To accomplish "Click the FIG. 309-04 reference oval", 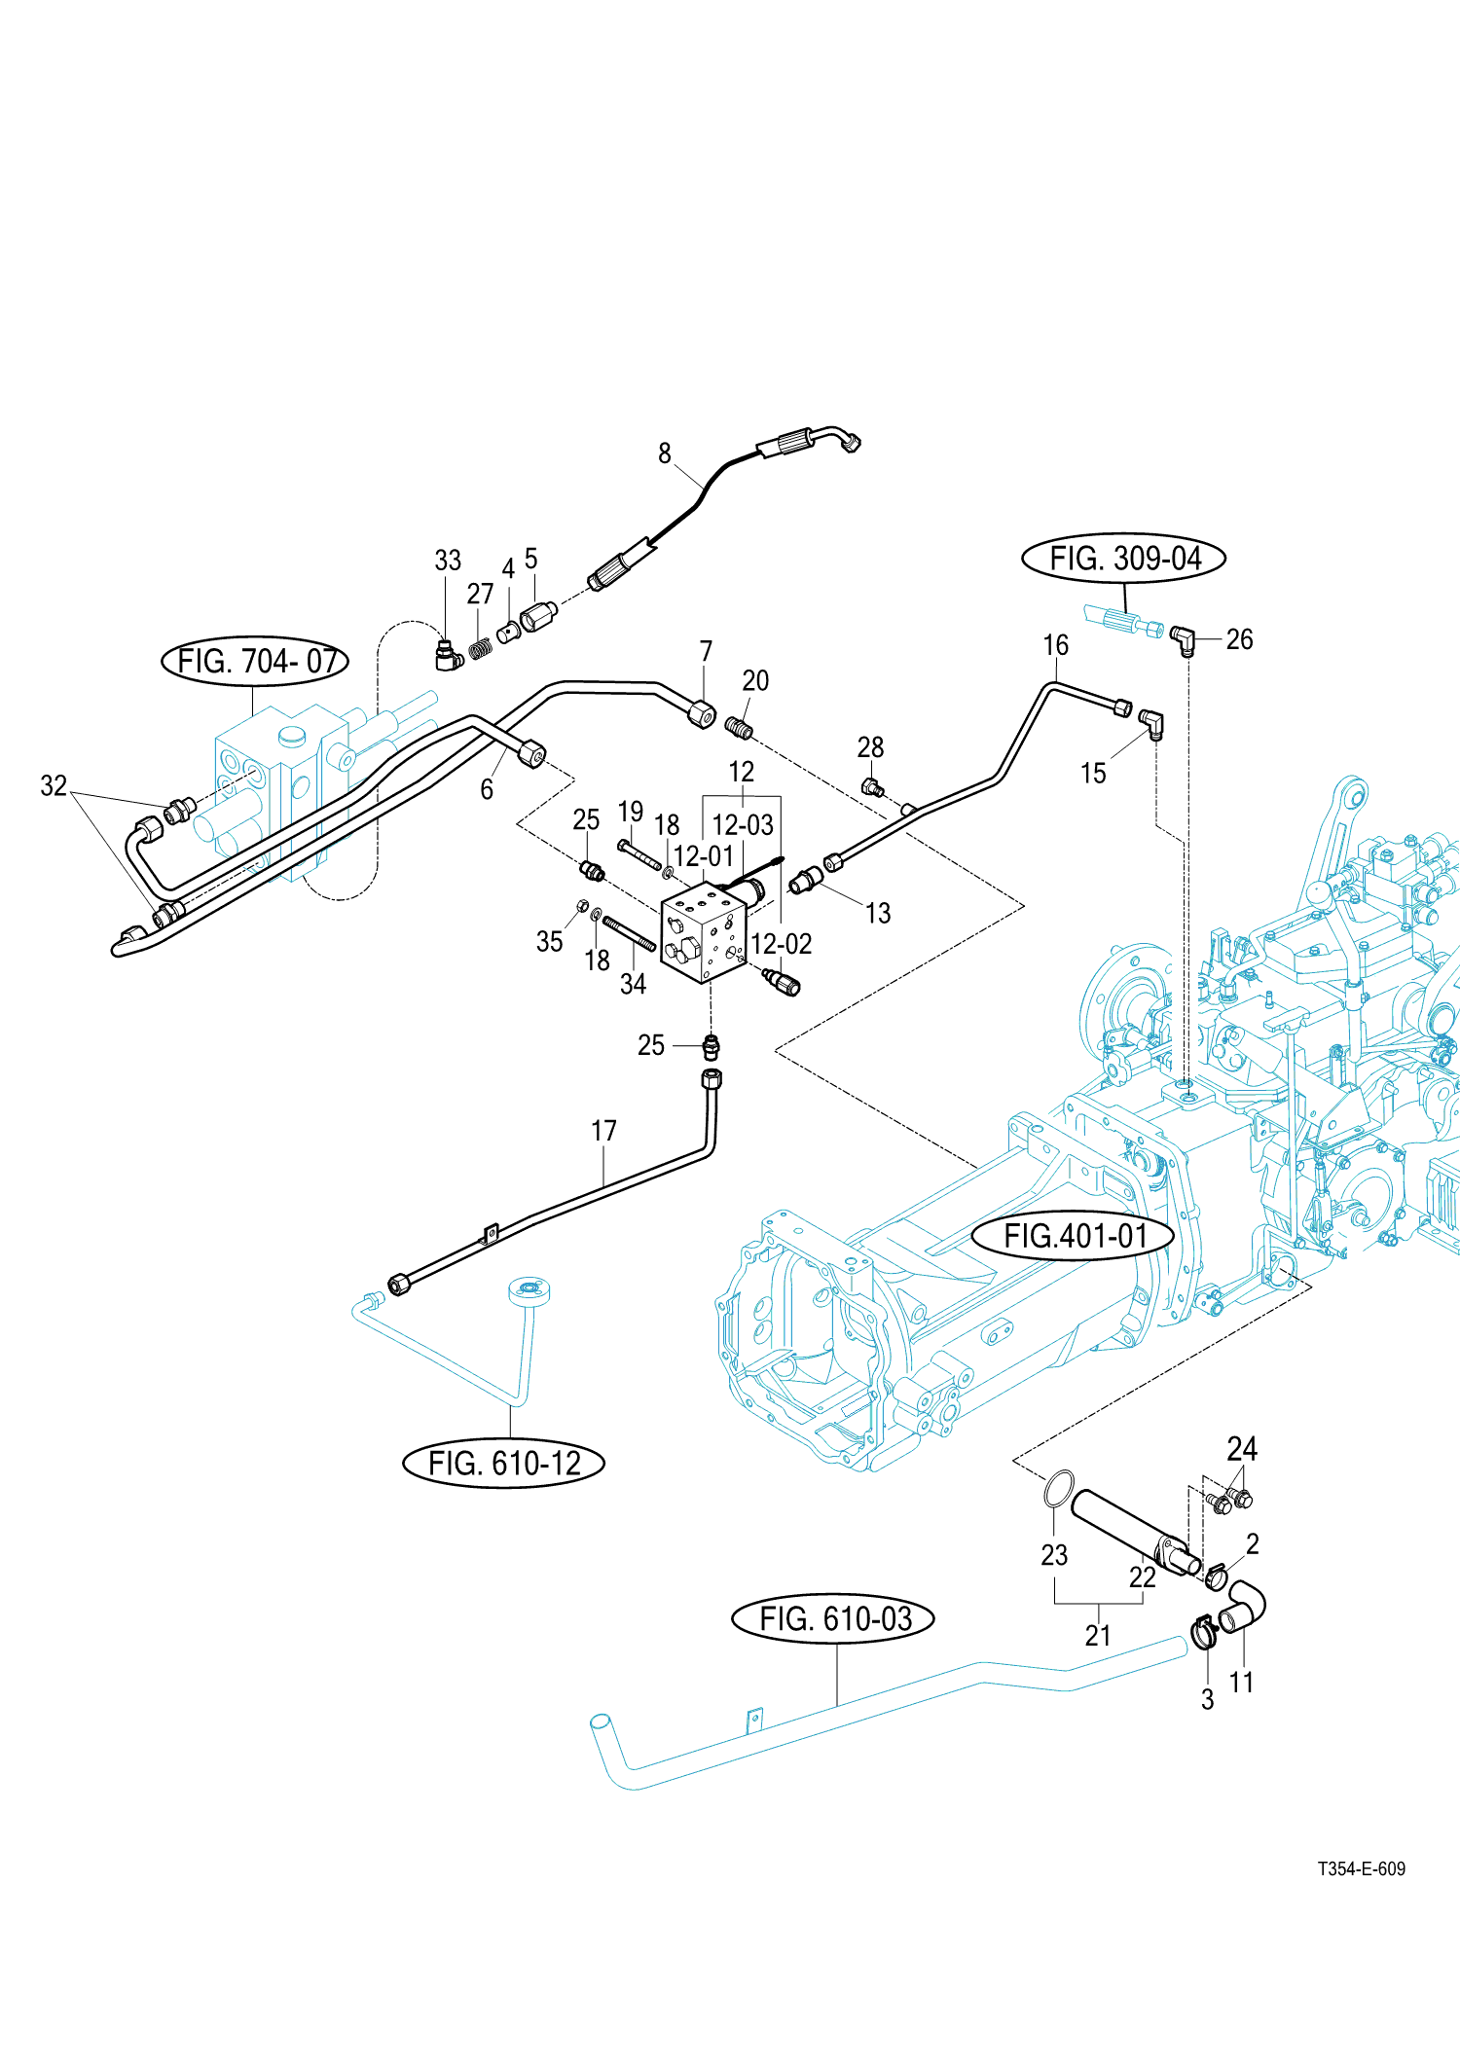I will (x=1123, y=559).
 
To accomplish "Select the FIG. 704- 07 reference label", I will (x=255, y=662).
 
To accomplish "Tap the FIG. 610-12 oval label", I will (x=503, y=1463).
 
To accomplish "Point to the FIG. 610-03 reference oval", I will (x=833, y=1618).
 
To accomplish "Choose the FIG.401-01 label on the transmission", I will (x=1074, y=1236).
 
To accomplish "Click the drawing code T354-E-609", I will (x=1361, y=1868).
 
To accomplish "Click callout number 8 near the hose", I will (x=665, y=453).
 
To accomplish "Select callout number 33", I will (x=448, y=561).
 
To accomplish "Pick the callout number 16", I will (x=1055, y=645).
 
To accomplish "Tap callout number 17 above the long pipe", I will (x=603, y=1131).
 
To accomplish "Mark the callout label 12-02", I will (x=782, y=944).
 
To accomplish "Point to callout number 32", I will (x=54, y=785).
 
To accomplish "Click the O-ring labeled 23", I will (x=1058, y=1488).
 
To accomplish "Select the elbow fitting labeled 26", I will (x=1183, y=638).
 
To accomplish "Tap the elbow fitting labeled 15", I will (x=1152, y=723).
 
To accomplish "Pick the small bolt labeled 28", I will (x=872, y=786).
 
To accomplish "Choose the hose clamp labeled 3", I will (x=1204, y=1632).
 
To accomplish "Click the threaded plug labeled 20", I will (x=740, y=726).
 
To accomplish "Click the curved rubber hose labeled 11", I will (x=1245, y=1607).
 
